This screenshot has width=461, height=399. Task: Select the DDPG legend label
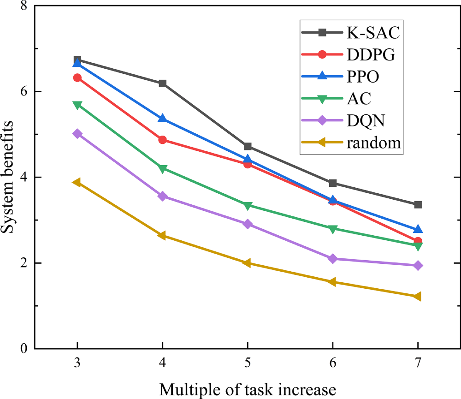tap(370, 54)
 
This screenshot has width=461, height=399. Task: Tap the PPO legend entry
tap(363, 77)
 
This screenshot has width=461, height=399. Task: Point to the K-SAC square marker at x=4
tap(162, 83)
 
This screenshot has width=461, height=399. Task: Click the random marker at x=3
tap(77, 183)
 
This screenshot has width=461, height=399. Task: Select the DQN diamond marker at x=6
tap(333, 259)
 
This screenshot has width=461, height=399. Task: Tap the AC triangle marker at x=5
tap(248, 206)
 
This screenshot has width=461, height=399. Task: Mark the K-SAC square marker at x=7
tap(418, 204)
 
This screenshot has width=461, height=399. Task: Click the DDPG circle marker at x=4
tap(162, 140)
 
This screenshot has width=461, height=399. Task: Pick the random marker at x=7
tap(418, 296)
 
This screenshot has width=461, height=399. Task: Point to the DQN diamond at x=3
tap(77, 134)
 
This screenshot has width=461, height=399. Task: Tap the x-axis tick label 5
tap(248, 363)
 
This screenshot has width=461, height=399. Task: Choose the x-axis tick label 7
tap(418, 363)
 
